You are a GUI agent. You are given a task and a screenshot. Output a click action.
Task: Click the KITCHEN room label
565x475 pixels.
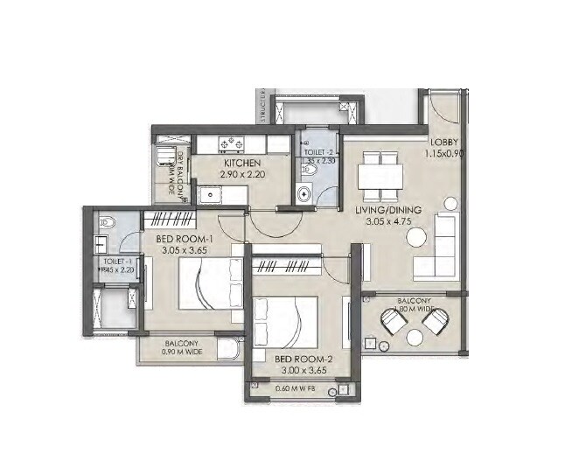[x=240, y=164]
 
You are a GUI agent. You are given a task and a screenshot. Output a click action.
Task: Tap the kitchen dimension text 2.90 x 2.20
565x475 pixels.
[x=240, y=176]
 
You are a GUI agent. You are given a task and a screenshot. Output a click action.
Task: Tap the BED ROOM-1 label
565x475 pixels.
[x=185, y=239]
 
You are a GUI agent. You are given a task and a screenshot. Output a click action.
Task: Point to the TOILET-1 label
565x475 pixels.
[x=116, y=261]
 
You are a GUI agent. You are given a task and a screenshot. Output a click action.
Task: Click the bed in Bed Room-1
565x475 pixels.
[x=208, y=285]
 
